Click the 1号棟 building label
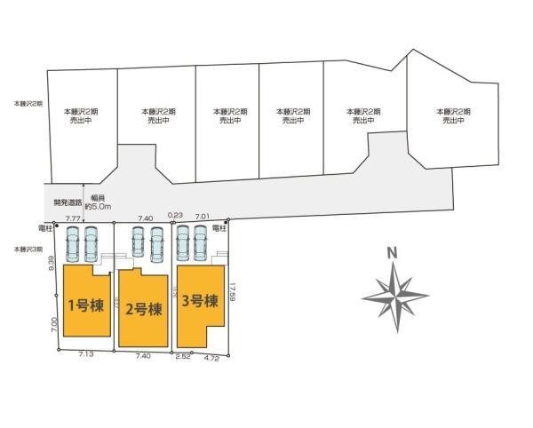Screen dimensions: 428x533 pos(86,306)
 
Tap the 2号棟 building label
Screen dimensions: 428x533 pos(143,310)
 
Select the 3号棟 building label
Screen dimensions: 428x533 pos(199,301)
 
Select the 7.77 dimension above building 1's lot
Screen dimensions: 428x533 pos(74,218)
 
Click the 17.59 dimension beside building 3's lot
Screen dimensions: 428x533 pos(231,292)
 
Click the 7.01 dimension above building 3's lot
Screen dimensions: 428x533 pos(203,216)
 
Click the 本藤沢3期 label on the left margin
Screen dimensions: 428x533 pos(28,250)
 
